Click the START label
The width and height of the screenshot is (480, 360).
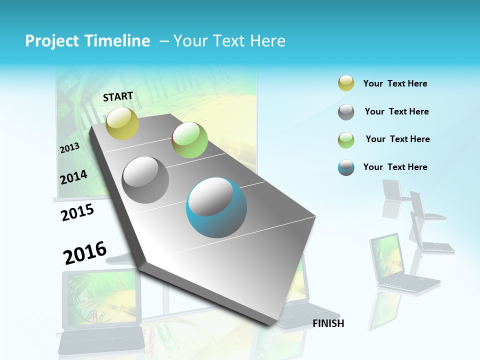118,96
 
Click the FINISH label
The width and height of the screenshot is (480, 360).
328,323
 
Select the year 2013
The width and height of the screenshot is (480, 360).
69,148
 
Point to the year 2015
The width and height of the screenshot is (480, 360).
77,212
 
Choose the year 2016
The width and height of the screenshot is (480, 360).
85,253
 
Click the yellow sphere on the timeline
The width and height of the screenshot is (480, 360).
122,123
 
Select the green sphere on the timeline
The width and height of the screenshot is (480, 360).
189,140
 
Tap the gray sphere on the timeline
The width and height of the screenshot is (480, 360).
145,180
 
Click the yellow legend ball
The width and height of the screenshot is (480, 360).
346,83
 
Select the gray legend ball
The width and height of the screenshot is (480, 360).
346,112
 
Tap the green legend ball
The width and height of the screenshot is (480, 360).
346,139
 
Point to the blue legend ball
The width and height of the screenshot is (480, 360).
346,167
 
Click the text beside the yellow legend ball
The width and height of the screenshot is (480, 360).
395,83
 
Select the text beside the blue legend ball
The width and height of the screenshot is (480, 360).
395,167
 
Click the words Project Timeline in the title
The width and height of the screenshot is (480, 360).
87,41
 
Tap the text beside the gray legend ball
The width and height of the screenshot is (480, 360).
396,111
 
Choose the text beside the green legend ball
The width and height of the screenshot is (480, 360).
397,139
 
